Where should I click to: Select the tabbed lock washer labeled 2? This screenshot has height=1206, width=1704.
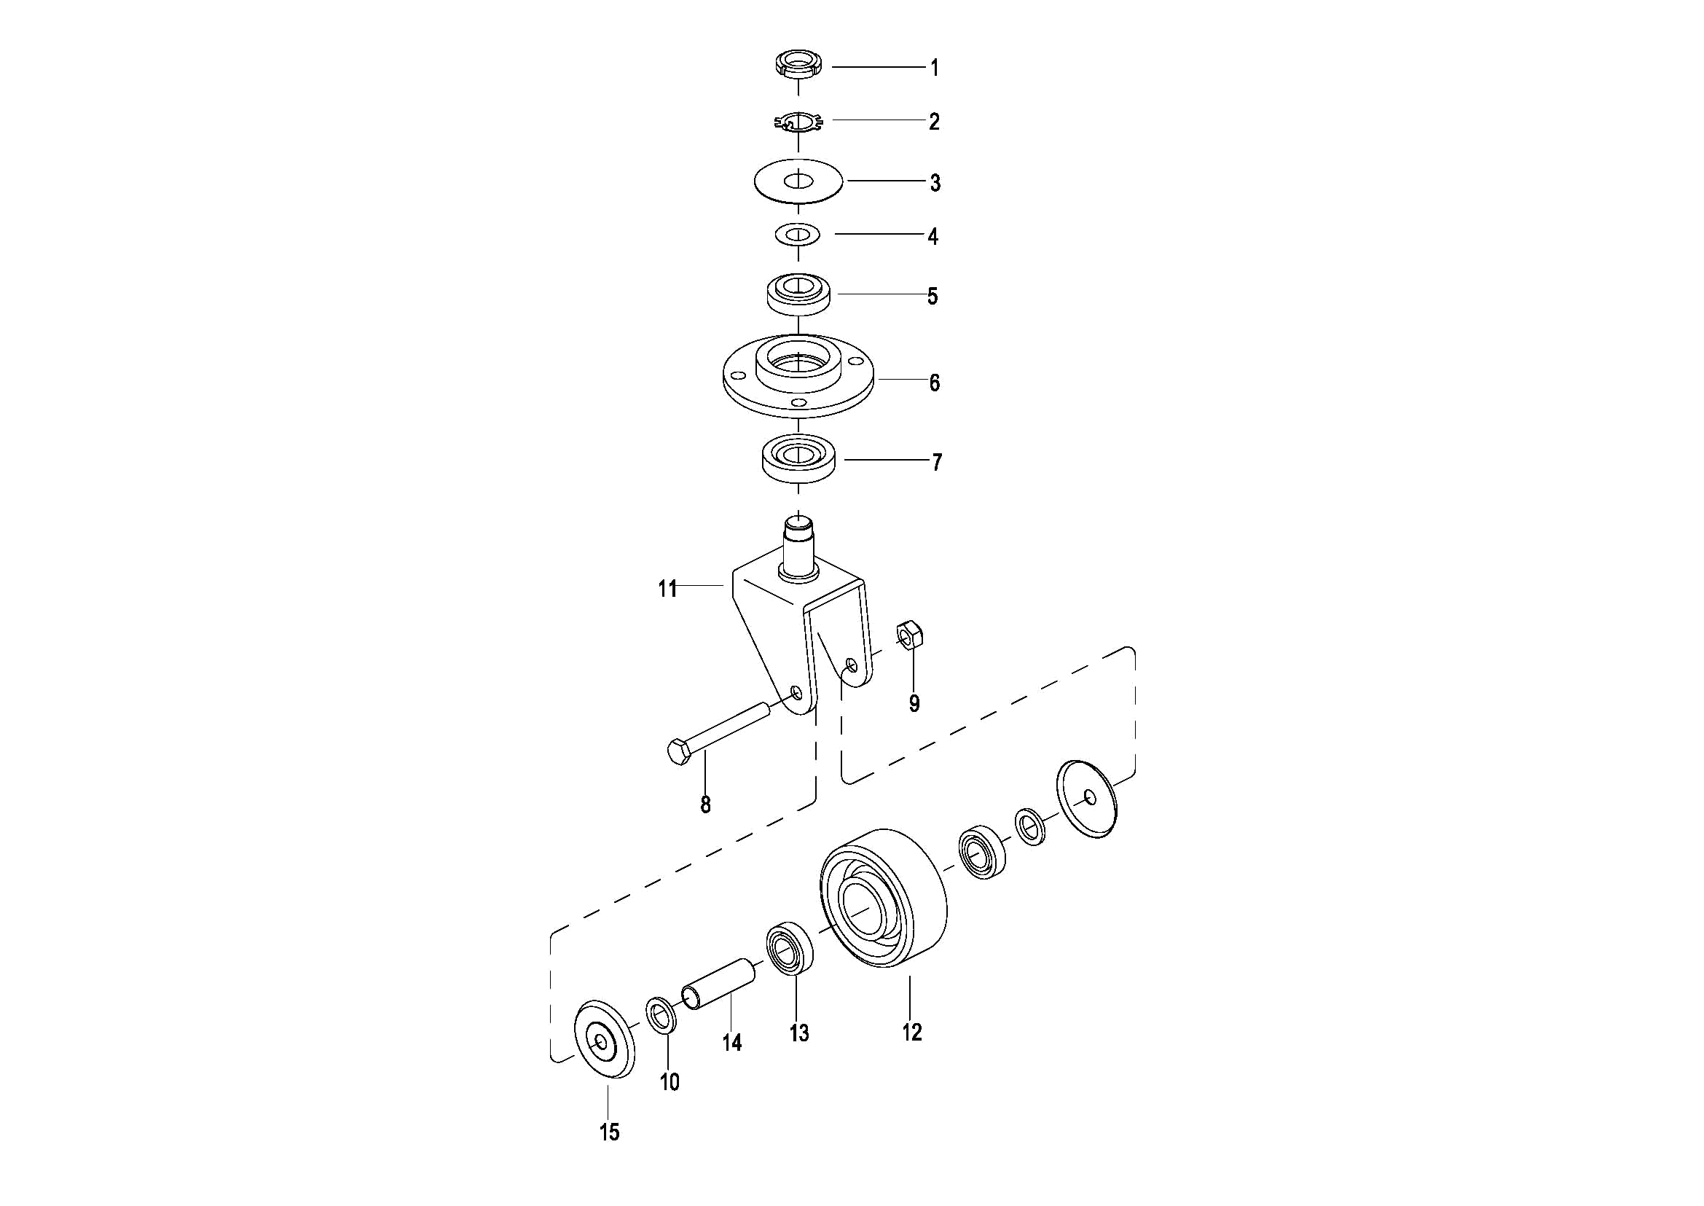tap(798, 122)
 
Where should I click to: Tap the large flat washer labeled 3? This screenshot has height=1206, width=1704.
tap(799, 181)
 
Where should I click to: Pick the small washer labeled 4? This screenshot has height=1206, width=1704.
tap(798, 235)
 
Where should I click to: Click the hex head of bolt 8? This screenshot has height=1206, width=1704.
tap(680, 752)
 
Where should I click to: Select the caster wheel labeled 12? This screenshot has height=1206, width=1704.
tap(884, 898)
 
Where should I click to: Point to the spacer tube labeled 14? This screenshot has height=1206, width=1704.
tap(719, 984)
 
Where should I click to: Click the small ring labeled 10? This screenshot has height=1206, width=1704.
tap(661, 1014)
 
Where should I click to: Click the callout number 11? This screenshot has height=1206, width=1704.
tap(668, 589)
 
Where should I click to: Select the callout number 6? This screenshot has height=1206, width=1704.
tap(935, 383)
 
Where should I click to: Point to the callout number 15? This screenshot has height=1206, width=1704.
tap(610, 1132)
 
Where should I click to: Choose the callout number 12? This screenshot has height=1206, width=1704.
tap(912, 1032)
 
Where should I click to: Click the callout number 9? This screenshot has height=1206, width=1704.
tap(915, 703)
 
